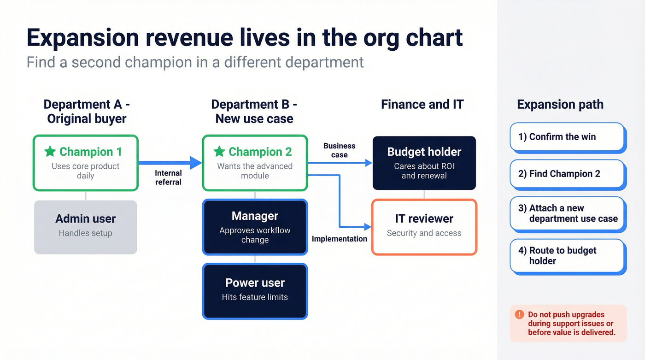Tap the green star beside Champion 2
(219, 151)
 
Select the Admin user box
(86, 227)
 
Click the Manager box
(255, 227)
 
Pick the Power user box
(255, 290)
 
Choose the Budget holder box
(424, 163)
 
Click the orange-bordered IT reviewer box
(424, 227)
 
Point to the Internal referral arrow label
(168, 177)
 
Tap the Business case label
(339, 150)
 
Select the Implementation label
(339, 239)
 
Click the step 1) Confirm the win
(567, 137)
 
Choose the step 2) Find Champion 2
(567, 174)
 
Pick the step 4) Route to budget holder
(567, 256)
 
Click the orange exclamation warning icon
(519, 314)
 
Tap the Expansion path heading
(560, 104)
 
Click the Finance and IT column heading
(422, 104)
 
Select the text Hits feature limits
(255, 297)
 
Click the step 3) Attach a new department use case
(567, 214)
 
